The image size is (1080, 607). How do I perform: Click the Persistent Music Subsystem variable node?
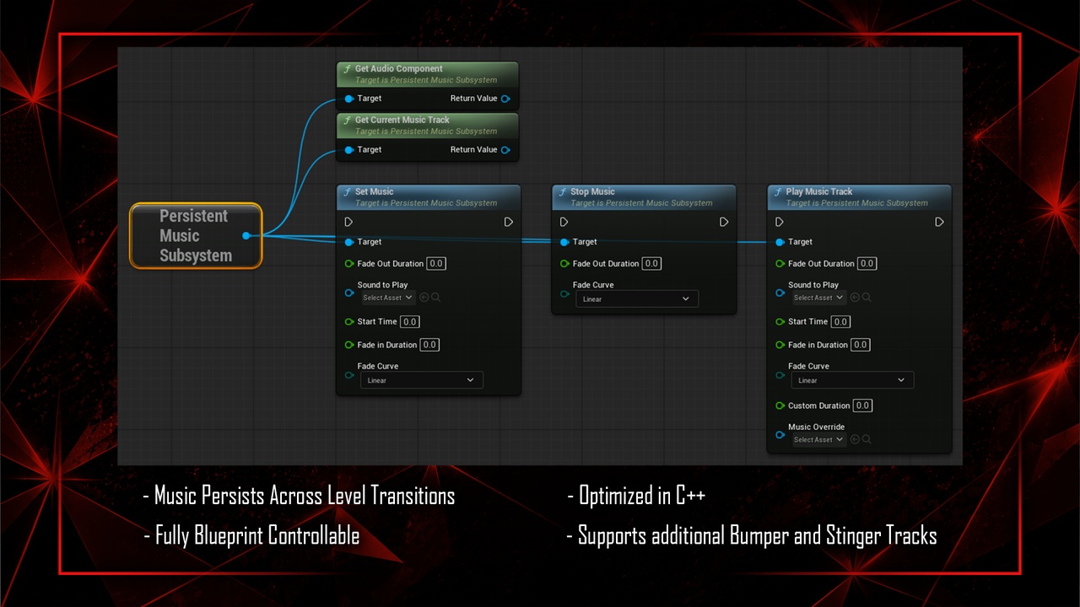click(196, 235)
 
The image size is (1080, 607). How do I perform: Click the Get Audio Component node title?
click(398, 69)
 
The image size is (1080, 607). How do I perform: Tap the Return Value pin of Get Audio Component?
click(505, 99)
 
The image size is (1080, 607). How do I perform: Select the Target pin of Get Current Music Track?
click(349, 150)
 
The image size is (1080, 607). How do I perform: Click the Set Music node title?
click(374, 191)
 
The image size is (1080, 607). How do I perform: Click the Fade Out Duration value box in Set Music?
click(436, 264)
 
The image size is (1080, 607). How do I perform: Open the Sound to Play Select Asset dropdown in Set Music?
click(387, 298)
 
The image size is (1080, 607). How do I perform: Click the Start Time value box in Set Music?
click(410, 322)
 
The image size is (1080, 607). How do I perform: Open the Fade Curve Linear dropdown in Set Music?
click(421, 380)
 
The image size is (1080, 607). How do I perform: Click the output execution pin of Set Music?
click(508, 222)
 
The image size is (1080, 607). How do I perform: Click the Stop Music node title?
click(592, 191)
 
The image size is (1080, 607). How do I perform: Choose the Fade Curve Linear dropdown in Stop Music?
click(637, 298)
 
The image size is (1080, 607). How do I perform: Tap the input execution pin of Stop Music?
click(564, 222)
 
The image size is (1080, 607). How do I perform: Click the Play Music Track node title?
click(818, 191)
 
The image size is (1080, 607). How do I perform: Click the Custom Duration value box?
click(862, 406)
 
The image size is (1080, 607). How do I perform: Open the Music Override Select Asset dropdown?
click(818, 440)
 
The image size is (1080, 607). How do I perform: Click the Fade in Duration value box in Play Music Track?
click(860, 345)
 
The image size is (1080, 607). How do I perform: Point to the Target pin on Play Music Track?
click(780, 242)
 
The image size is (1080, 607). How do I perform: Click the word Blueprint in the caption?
click(229, 535)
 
